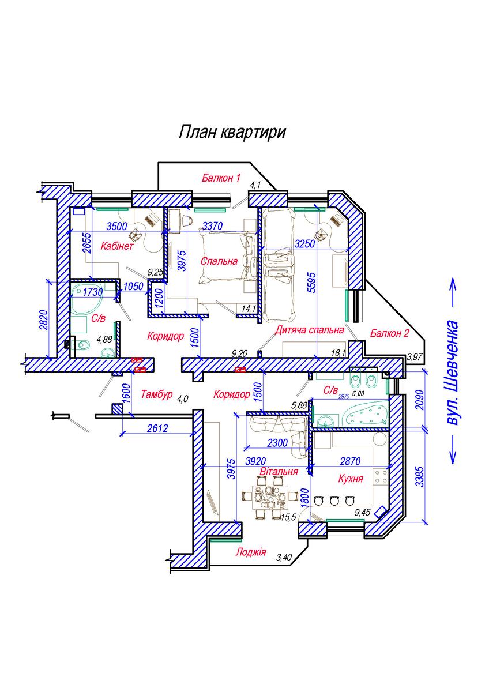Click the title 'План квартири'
click(232, 132)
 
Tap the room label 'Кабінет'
click(117, 246)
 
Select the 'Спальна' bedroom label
click(219, 261)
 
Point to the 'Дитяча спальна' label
click(309, 330)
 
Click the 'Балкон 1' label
click(221, 178)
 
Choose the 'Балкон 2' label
click(390, 333)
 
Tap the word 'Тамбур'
click(157, 394)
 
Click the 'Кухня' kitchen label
click(351, 479)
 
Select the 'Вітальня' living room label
click(279, 472)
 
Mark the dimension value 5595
click(313, 282)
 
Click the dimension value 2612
click(157, 428)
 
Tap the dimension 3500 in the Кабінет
click(116, 227)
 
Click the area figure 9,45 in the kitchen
click(362, 513)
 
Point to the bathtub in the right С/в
click(367, 414)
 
